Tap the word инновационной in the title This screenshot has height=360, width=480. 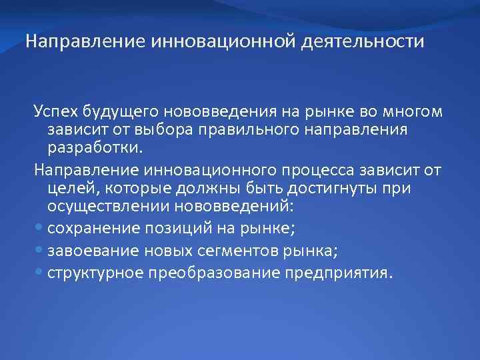224,43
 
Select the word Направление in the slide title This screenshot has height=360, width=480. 85,43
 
